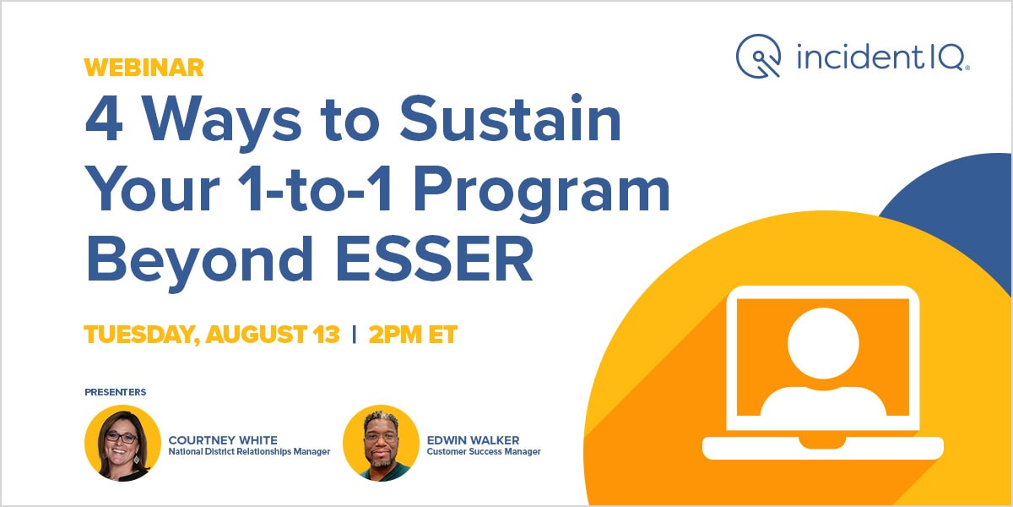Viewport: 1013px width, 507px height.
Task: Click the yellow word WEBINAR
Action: tap(144, 67)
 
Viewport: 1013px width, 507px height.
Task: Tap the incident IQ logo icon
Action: tap(757, 55)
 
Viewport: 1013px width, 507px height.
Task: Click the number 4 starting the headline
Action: tap(104, 123)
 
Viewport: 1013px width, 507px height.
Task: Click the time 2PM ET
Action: tap(413, 335)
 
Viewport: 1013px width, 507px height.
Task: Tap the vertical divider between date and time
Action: tap(355, 335)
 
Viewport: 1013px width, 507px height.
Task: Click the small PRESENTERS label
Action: tap(116, 392)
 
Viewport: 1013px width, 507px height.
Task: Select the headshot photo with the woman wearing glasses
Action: tap(123, 443)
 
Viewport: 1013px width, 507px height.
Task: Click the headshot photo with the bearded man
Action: tap(381, 443)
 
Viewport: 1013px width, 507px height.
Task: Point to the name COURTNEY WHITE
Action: tap(223, 439)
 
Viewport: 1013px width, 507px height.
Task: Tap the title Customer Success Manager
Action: tap(484, 452)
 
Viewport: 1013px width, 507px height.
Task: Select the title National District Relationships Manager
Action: tap(249, 452)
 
